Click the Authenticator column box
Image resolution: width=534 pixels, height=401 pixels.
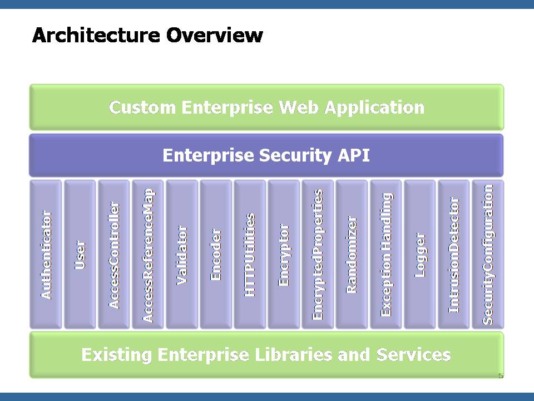46,255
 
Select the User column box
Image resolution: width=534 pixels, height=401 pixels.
80,255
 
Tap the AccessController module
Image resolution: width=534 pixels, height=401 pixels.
114,255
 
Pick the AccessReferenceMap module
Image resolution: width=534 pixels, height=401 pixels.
148,255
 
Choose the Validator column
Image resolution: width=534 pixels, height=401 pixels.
182,255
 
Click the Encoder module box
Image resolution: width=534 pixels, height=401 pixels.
216,255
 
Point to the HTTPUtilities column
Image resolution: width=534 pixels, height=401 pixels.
250,255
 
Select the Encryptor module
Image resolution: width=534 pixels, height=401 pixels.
284,255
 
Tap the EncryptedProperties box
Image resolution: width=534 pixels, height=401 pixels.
318,255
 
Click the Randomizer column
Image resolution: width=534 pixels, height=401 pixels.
352,255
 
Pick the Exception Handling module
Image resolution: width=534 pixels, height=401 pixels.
386,255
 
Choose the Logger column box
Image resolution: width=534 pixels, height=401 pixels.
420,255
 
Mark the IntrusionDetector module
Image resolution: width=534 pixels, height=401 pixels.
454,255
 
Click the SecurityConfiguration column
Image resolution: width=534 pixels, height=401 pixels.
488,255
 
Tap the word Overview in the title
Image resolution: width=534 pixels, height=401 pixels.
215,35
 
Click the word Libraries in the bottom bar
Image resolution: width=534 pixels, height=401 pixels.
293,355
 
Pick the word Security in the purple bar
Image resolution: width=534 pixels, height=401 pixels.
295,156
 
